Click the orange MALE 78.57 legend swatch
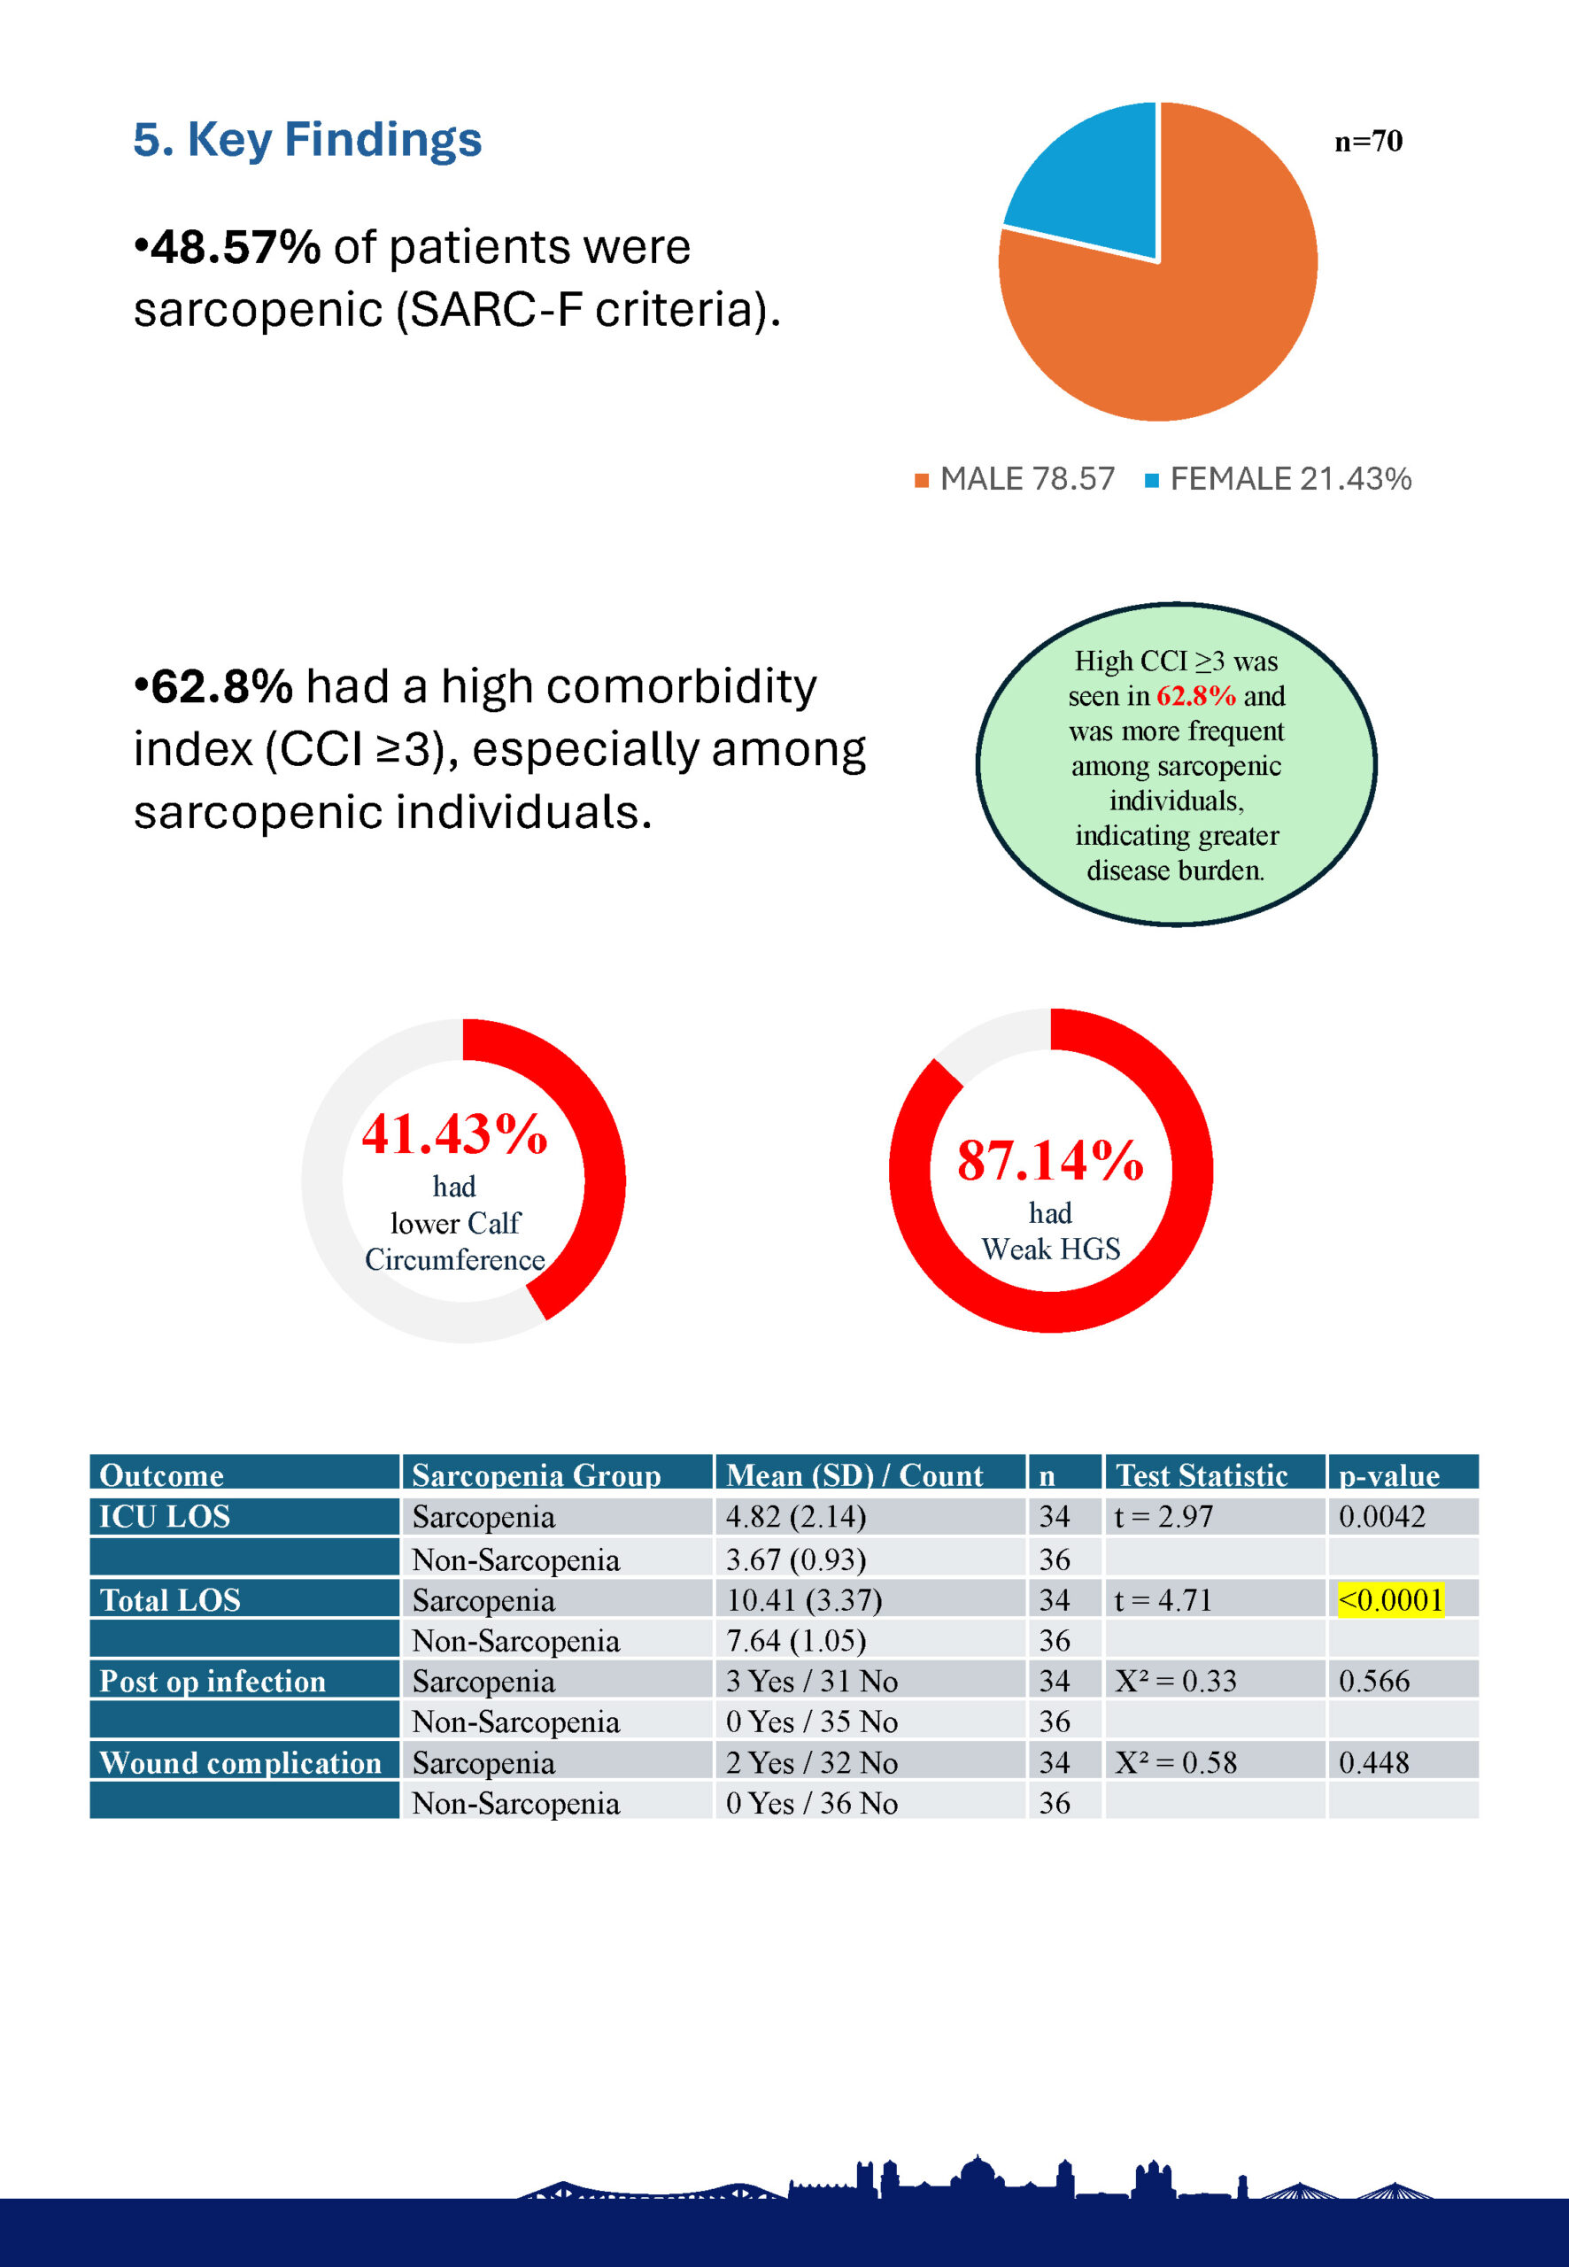point(921,481)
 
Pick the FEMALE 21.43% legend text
point(1290,479)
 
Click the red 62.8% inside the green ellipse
point(1195,696)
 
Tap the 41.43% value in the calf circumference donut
point(454,1133)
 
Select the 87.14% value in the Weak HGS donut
point(1050,1160)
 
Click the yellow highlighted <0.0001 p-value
point(1390,1599)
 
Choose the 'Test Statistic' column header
point(1202,1474)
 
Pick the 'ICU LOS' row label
point(166,1516)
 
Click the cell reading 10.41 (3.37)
point(803,1599)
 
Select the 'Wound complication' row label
point(241,1762)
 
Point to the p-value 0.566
point(1373,1681)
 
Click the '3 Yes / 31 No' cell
point(811,1681)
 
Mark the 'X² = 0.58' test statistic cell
point(1175,1762)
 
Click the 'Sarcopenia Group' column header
point(536,1474)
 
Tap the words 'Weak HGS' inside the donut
point(1050,1250)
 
